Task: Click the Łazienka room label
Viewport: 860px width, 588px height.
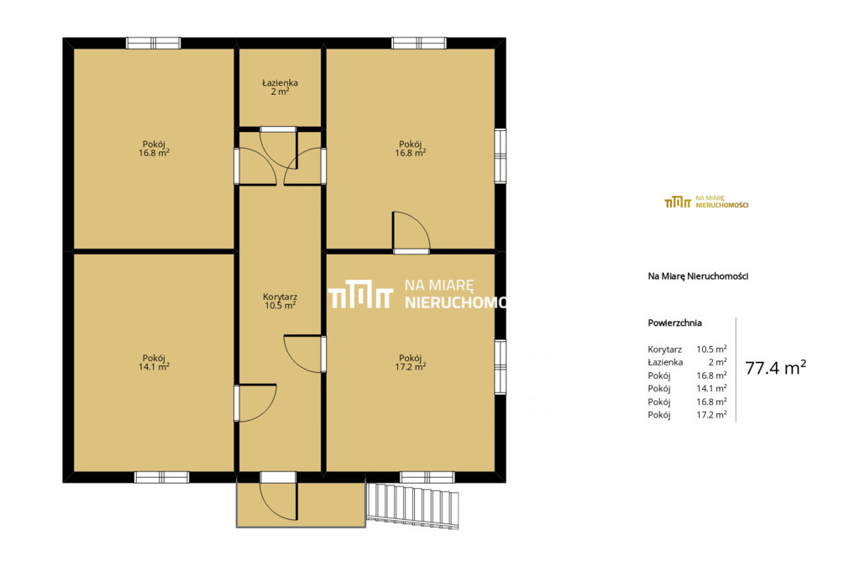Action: pos(280,87)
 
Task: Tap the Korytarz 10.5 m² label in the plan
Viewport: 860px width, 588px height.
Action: pos(281,301)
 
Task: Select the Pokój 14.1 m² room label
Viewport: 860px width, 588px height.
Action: pos(155,363)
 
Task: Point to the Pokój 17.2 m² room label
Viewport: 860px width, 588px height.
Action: pos(411,363)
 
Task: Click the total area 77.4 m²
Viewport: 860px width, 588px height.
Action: pos(775,367)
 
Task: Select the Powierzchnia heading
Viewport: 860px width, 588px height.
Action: pos(674,323)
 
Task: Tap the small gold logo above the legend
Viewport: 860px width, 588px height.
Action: pos(706,202)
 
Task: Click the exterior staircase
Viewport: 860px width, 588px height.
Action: pos(412,506)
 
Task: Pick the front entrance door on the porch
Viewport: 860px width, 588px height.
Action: pos(278,496)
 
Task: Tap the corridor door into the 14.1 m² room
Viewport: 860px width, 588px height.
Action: pos(255,403)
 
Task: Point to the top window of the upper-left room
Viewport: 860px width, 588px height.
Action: pos(154,43)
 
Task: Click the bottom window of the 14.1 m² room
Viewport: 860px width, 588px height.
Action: pos(162,477)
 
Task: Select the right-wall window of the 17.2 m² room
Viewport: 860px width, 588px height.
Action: pos(501,367)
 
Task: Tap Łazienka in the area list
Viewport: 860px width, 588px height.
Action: pos(665,362)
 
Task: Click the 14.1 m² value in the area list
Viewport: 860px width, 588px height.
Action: pos(711,388)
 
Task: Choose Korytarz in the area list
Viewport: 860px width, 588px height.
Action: pos(665,349)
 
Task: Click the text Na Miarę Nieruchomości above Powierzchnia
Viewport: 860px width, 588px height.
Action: pos(698,276)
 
